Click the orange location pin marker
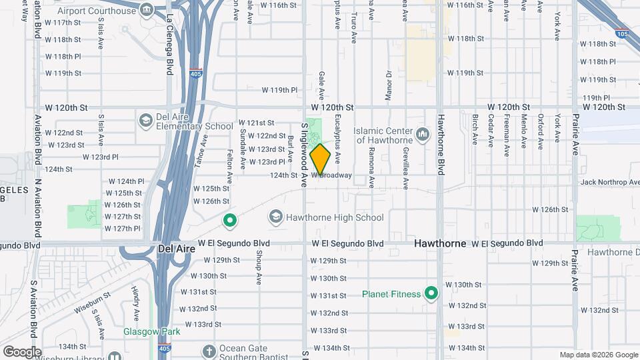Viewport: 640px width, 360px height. pos(321,159)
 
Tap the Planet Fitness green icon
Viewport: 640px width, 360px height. pos(431,293)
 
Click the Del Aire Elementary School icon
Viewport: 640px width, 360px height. pos(145,120)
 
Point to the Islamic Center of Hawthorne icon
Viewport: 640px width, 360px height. pos(422,135)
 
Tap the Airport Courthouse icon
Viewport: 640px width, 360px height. pos(147,11)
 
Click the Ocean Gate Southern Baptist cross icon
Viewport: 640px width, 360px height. pos(209,351)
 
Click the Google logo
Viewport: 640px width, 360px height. pos(22,351)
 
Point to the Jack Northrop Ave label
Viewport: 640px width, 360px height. pos(609,182)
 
